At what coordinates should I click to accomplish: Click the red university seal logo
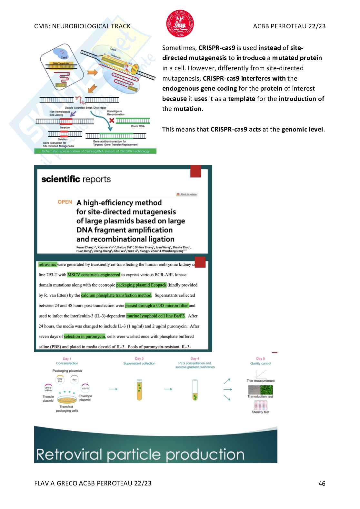[x=180, y=24]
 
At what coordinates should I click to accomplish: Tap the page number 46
[x=322, y=484]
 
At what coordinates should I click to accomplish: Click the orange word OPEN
[x=65, y=202]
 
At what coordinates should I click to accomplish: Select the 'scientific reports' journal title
[x=76, y=179]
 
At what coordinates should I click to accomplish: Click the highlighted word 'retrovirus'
[x=47, y=265]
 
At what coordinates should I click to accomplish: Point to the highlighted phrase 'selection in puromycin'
[x=85, y=337]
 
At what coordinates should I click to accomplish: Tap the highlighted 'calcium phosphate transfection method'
[x=116, y=295]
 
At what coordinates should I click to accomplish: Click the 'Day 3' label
[x=139, y=358]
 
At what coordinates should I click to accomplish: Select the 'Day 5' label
[x=260, y=358]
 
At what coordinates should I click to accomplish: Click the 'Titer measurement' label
[x=261, y=381]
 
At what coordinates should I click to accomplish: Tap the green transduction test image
[x=266, y=390]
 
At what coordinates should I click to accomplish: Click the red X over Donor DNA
[x=112, y=121]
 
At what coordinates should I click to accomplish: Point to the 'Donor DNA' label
[x=138, y=126]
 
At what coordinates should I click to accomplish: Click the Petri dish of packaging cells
[x=67, y=399]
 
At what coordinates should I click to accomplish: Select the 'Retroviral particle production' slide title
[x=140, y=455]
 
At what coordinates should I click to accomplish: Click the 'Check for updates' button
[x=186, y=194]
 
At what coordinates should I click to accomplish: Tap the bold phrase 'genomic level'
[x=302, y=130]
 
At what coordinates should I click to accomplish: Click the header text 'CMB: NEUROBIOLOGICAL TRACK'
[x=82, y=26]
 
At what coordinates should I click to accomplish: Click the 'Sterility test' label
[x=261, y=412]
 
